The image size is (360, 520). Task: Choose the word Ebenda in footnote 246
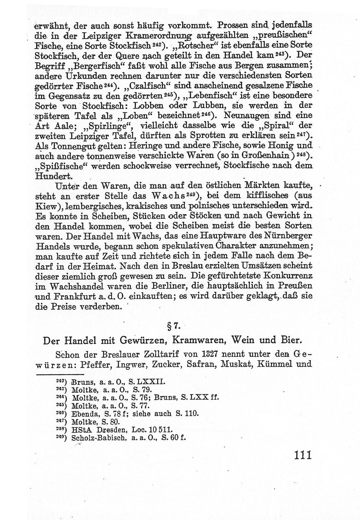pyautogui.click(x=83, y=414)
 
